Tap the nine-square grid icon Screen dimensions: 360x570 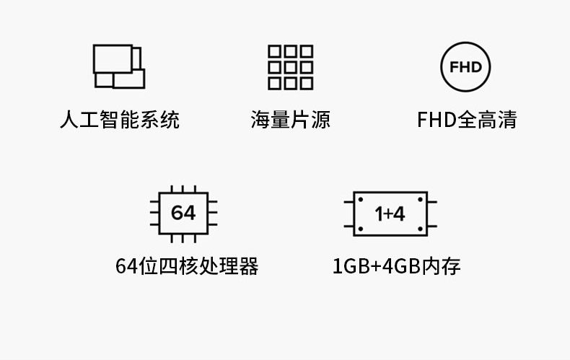[x=290, y=67]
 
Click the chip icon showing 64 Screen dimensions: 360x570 [x=183, y=214]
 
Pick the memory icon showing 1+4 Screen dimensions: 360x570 [x=390, y=214]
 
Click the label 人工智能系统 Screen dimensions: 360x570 [x=119, y=119]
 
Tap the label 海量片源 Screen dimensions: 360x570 [x=290, y=119]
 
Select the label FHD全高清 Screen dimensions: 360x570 [x=467, y=119]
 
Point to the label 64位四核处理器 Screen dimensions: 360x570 [x=187, y=266]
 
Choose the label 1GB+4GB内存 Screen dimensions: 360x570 [x=396, y=266]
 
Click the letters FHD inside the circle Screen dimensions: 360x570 [x=465, y=68]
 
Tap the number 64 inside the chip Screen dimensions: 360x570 [x=183, y=214]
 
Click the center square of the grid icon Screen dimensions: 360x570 [x=290, y=67]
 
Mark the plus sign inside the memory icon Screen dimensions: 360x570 [x=390, y=214]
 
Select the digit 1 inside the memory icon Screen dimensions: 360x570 [x=380, y=214]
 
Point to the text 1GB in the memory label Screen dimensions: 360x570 [x=350, y=266]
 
